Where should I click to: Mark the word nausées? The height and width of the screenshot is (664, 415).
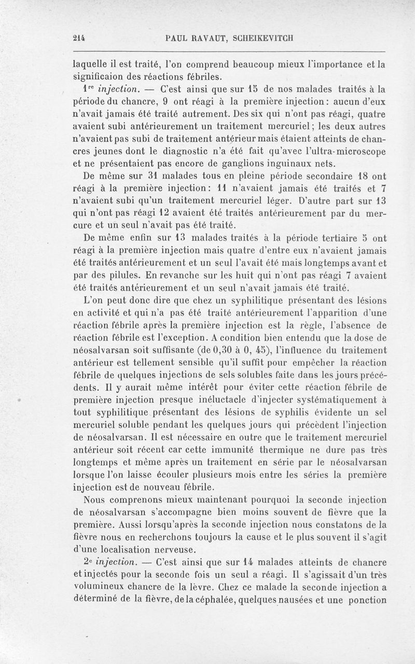coord(312,601)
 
